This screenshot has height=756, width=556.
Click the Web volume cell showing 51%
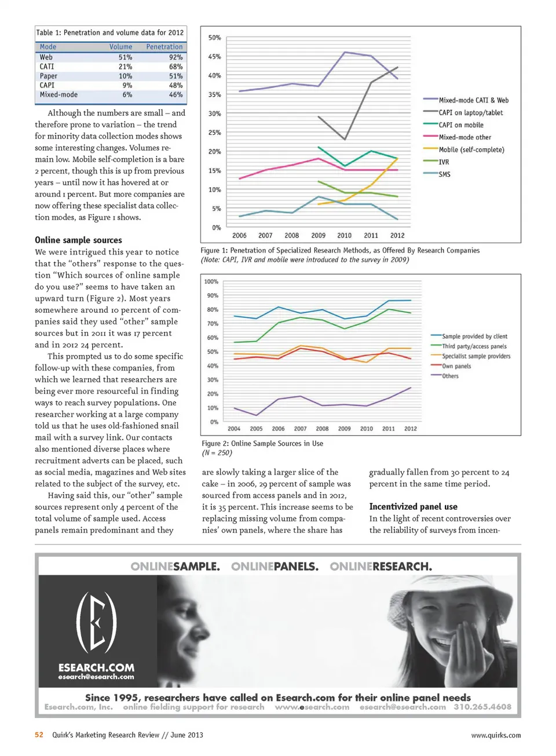[x=125, y=57]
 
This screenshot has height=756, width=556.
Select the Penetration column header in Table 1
[x=164, y=47]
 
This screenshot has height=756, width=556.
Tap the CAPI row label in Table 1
[x=47, y=85]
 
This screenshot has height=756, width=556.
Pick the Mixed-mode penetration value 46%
[x=175, y=94]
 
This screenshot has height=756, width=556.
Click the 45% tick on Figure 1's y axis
[x=214, y=57]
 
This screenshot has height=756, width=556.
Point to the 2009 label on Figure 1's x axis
[x=318, y=236]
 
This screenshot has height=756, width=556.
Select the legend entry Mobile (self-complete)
[x=471, y=149]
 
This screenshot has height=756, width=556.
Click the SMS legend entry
[x=444, y=174]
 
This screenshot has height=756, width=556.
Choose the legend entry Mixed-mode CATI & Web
[x=473, y=100]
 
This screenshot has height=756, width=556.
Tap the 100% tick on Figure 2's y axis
[x=211, y=282]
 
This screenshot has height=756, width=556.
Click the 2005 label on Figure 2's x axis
[x=256, y=429]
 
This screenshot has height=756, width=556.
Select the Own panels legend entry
[x=456, y=366]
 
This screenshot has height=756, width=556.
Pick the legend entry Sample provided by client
[x=474, y=336]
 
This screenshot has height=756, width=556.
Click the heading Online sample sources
[x=78, y=240]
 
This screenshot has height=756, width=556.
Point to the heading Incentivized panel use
[x=413, y=506]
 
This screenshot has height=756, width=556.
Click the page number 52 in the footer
[x=39, y=735]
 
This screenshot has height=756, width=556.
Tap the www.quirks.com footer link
[x=495, y=735]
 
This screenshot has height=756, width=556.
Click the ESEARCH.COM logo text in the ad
[x=96, y=667]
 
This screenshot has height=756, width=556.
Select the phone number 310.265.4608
[x=482, y=707]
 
